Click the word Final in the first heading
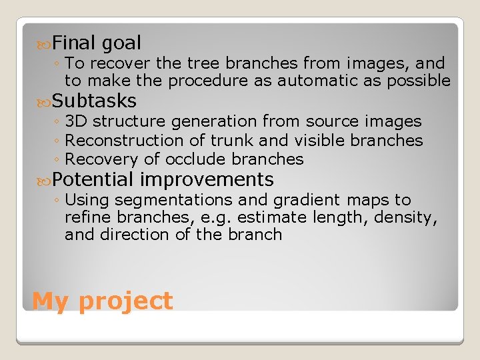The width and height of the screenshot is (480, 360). click(74, 43)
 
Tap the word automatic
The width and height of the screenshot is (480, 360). click(313, 81)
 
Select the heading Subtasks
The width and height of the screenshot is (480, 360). click(94, 101)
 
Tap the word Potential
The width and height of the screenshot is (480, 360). click(93, 180)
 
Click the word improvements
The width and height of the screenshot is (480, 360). click(207, 180)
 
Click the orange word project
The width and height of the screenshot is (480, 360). click(125, 301)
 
